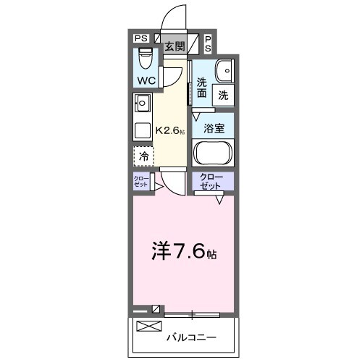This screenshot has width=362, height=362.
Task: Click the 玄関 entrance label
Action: tap(174, 46)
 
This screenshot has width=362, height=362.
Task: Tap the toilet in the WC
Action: tap(144, 56)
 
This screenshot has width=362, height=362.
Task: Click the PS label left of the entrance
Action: tap(140, 38)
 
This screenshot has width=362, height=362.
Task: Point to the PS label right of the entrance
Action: tap(208, 43)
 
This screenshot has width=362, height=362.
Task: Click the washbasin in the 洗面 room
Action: tap(224, 70)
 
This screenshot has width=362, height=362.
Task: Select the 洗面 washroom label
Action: tap(202, 88)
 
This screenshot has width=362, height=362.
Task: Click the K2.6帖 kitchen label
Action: tap(171, 131)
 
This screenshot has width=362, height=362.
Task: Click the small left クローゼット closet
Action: tap(140, 182)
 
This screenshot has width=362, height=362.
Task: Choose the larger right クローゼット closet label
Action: tap(213, 181)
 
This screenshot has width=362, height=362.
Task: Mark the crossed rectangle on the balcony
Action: tap(149, 326)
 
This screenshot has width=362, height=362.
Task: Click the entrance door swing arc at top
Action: tap(174, 16)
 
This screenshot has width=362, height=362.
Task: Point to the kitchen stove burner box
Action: tap(141, 131)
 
